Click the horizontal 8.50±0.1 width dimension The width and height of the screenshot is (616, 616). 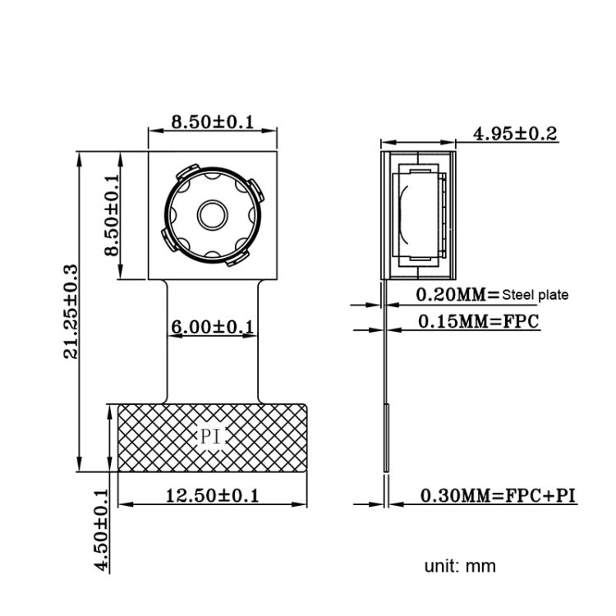coord(212,122)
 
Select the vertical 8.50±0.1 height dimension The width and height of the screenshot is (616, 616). coord(113,215)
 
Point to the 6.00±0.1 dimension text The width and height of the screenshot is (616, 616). coord(212,327)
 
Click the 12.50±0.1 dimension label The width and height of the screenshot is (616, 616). coord(212,495)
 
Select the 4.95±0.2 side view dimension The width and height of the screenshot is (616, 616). coord(516,133)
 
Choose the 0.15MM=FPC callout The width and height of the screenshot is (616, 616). coord(478,321)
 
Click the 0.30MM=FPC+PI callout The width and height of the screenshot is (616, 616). coord(498,495)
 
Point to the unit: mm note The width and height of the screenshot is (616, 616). coord(460,566)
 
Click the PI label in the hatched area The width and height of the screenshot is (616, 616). coord(212,437)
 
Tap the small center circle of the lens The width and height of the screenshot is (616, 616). coord(212,215)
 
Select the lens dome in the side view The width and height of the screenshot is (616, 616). coord(404,215)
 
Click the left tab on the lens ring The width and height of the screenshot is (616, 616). coord(168,239)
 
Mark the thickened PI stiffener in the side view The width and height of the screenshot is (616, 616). coord(385,439)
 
